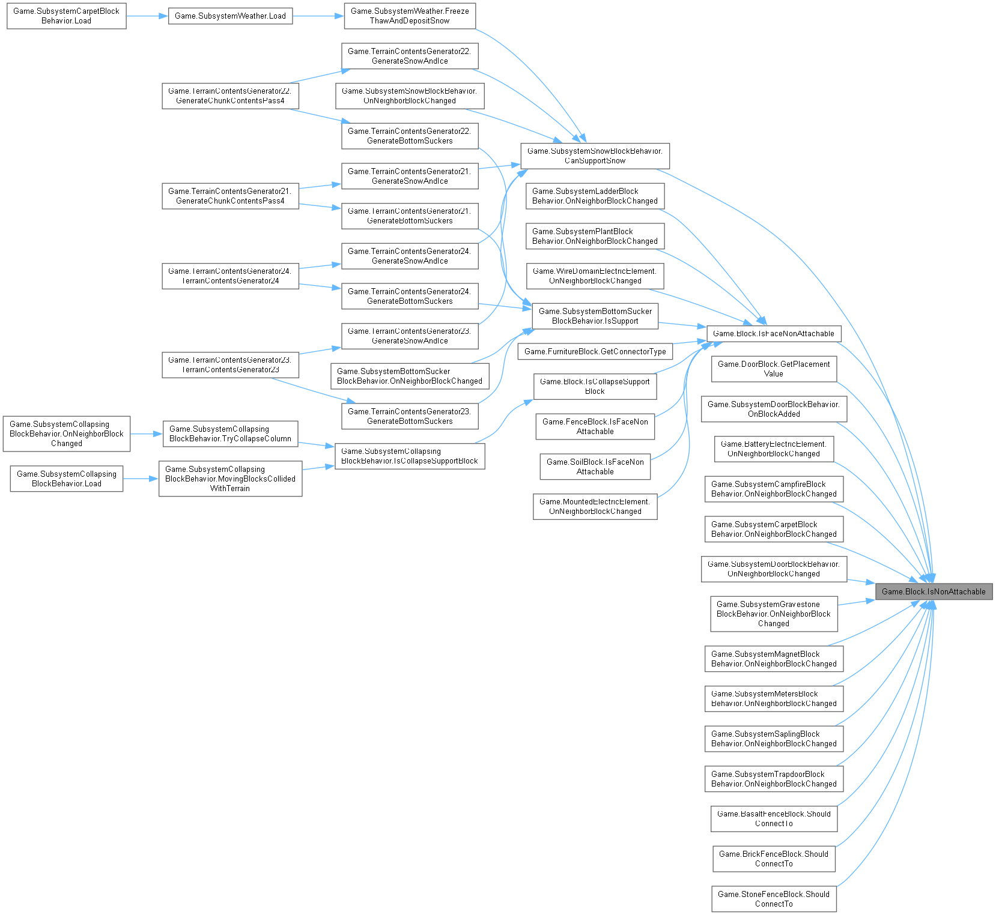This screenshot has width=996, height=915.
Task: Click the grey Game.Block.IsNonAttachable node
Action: [934, 591]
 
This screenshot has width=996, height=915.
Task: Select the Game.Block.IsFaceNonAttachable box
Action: [773, 333]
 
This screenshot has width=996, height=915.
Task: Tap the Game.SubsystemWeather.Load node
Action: [230, 16]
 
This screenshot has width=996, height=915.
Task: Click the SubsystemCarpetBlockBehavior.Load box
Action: [66, 16]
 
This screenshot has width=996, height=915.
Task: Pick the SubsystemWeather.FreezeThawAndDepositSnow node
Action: [410, 16]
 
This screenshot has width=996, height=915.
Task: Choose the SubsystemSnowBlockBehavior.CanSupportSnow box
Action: [595, 156]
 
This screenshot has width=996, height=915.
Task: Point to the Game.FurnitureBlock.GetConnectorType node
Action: [595, 351]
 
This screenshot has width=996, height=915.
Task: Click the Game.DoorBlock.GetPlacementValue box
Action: [774, 369]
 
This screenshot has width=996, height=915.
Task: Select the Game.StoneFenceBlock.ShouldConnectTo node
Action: [774, 899]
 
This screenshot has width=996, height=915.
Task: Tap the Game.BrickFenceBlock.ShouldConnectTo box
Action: [774, 859]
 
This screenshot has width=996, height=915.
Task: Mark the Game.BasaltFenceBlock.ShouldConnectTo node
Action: [774, 818]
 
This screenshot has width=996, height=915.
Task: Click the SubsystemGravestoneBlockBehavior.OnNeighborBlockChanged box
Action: [774, 614]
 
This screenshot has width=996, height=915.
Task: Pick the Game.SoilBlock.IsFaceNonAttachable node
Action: [595, 467]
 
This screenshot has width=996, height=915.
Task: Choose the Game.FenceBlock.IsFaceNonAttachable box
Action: [595, 426]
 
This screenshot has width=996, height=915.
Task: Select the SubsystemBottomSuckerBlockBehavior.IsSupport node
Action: [595, 316]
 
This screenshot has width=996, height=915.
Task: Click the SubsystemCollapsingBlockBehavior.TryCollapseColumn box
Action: [230, 433]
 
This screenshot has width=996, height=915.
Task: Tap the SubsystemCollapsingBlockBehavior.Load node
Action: [66, 479]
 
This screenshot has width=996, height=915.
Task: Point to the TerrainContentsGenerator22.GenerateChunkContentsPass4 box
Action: [230, 95]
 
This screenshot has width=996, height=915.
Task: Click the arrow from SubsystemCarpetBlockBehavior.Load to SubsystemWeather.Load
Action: [147, 16]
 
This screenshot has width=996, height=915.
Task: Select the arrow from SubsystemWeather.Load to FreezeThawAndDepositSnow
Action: [318, 16]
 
